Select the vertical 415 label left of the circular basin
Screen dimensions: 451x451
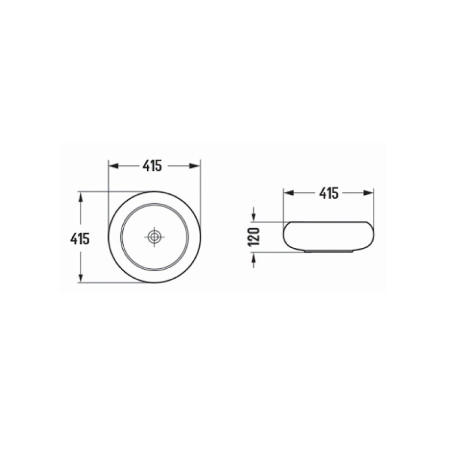[80, 239]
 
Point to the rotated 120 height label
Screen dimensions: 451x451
[255, 236]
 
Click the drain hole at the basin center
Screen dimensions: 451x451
[154, 237]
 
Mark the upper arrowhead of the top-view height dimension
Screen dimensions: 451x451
[80, 195]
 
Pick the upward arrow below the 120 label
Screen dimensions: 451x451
[255, 257]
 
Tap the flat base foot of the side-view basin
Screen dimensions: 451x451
[328, 251]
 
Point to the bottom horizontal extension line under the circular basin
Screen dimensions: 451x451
[115, 283]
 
